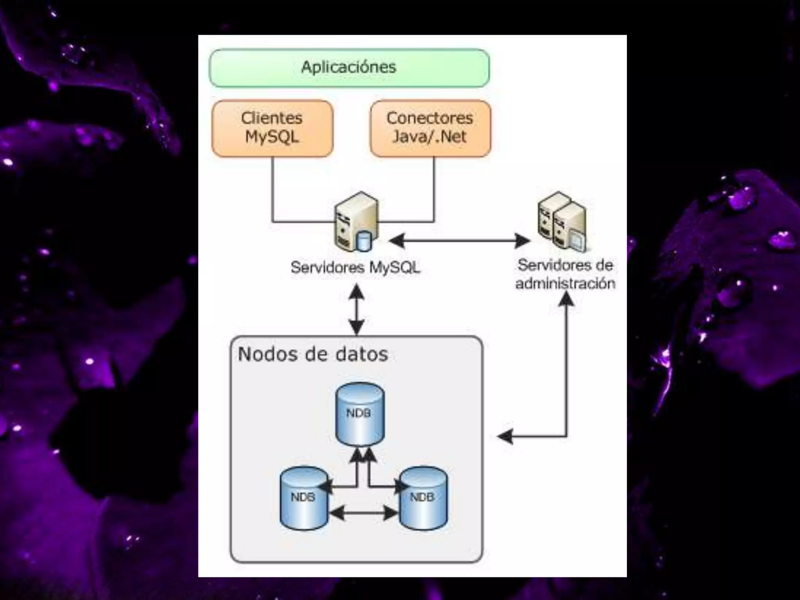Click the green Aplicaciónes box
pos(349,68)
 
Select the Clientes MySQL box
pos(272,128)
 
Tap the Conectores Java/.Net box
pos(430,128)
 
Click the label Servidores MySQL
pos(355,268)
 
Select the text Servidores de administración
pos(565,274)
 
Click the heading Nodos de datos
pos(313,354)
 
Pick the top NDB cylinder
pos(360,414)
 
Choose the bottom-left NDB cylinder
pos(304,498)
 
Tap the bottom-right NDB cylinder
pos(423,498)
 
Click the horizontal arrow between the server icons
pos(459,241)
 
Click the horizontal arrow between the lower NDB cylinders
pos(363,513)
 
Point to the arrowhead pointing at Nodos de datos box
pos(505,436)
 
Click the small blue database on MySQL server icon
pos(363,241)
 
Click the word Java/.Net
pos(429,137)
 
